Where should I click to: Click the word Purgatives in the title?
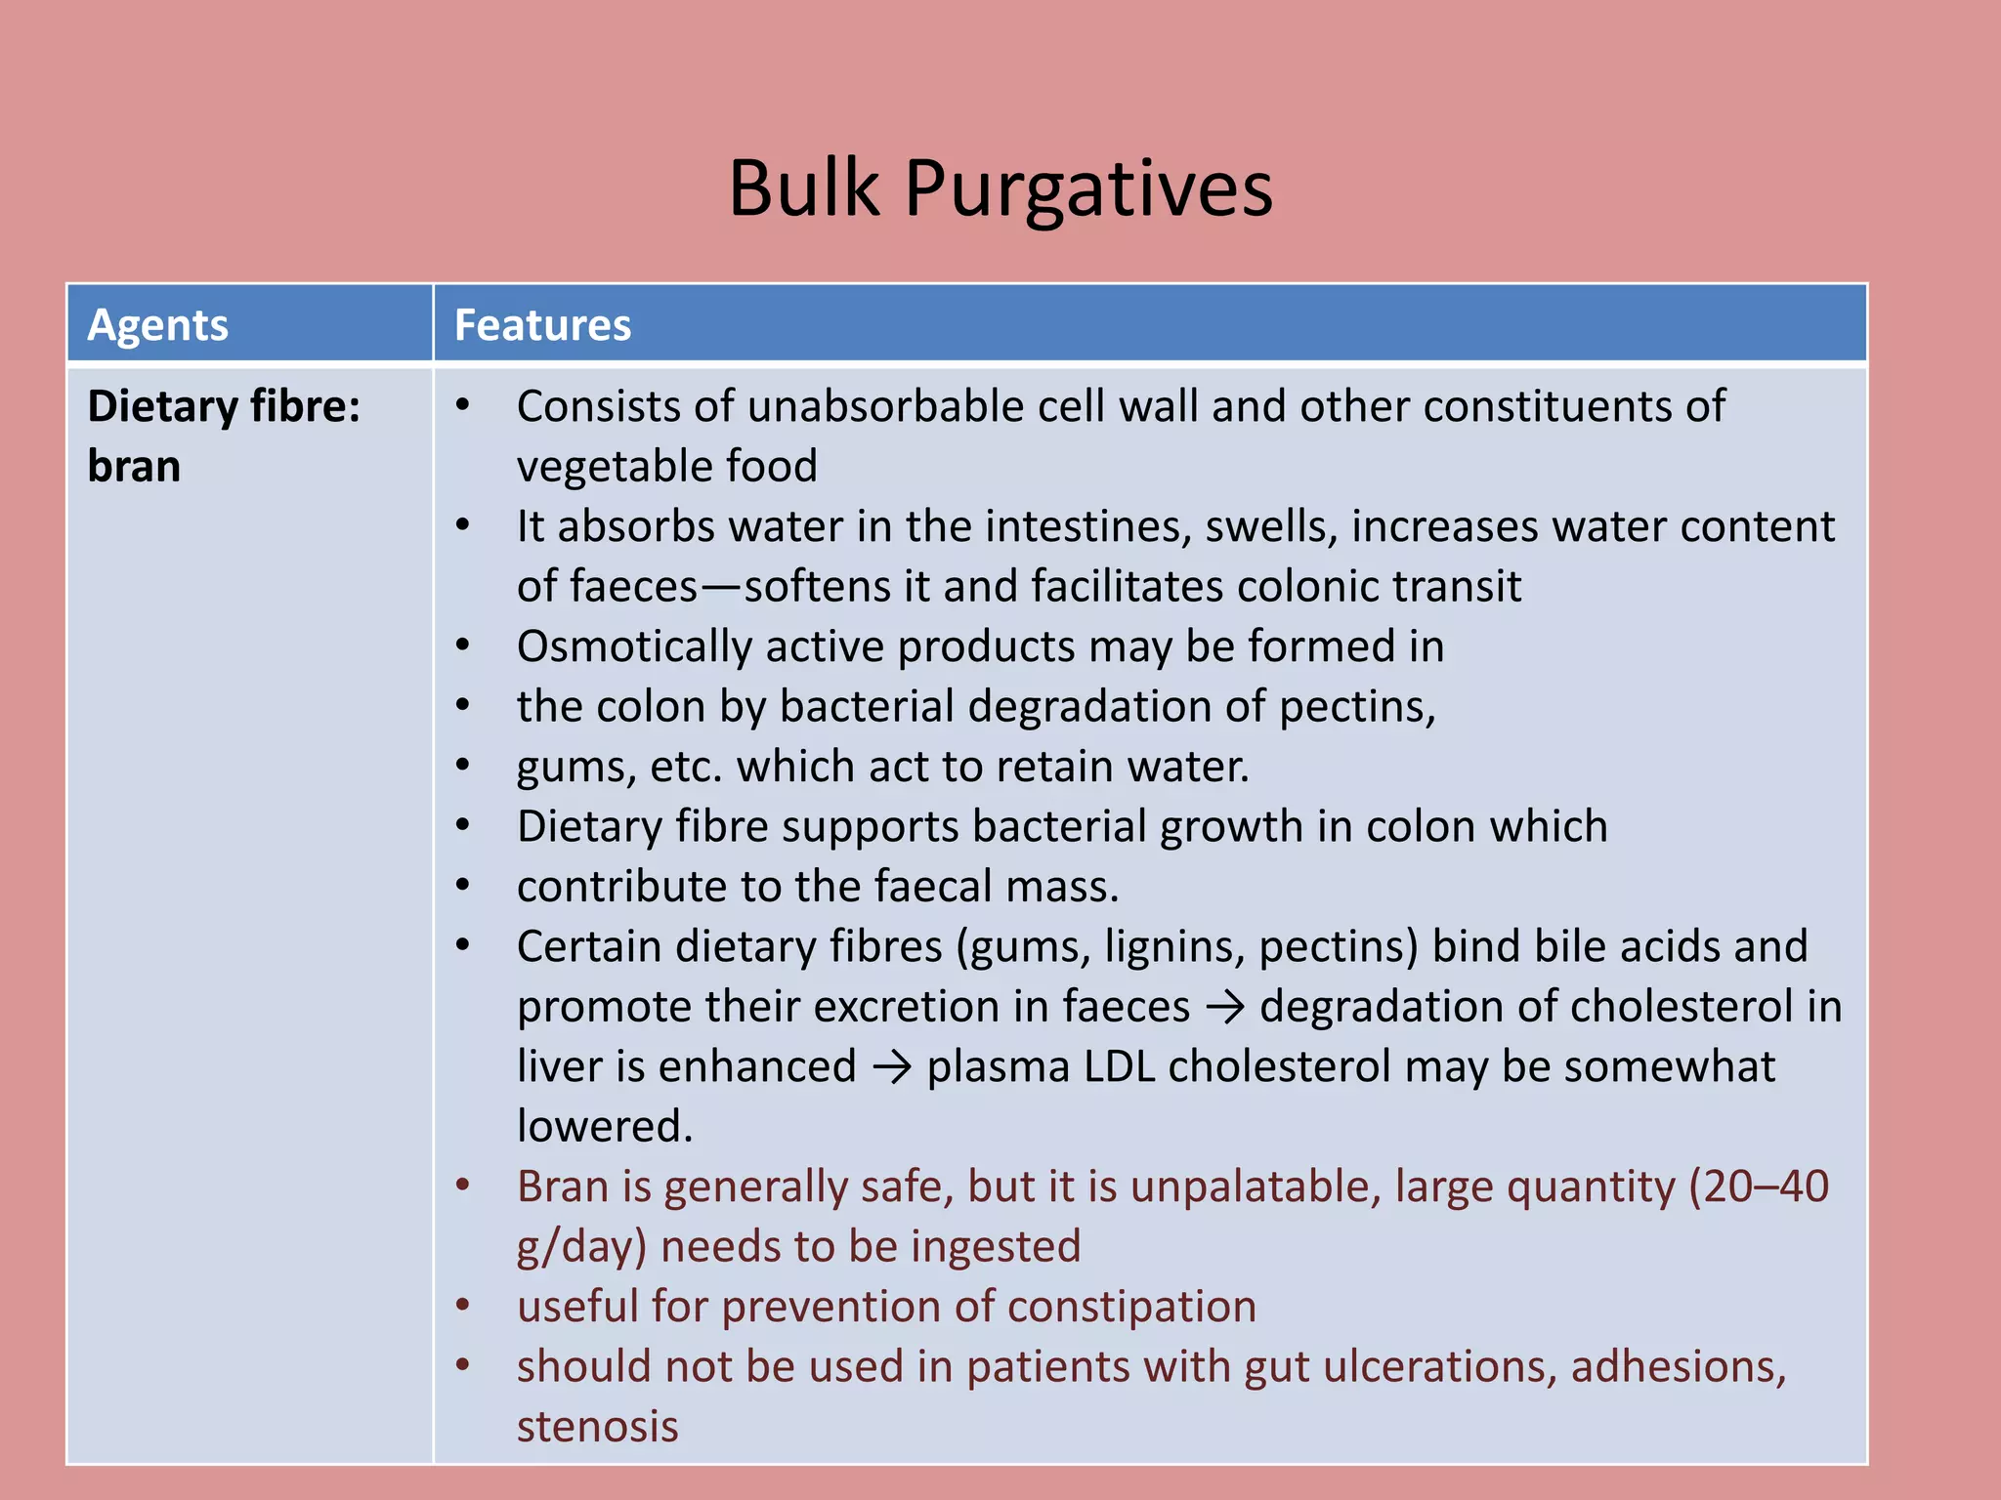tap(1088, 188)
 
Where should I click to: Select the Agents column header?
tap(157, 325)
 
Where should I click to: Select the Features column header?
tap(542, 325)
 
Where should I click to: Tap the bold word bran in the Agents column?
tap(134, 466)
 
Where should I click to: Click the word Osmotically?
tap(633, 647)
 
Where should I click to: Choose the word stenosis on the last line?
tap(597, 1427)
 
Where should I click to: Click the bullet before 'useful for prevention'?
tap(463, 1306)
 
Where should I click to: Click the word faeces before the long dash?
tap(633, 587)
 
